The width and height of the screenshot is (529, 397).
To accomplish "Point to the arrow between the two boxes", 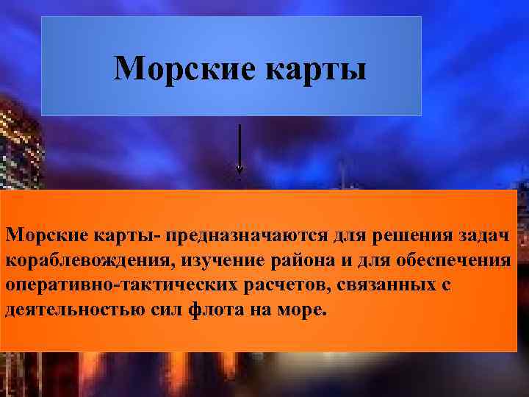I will tap(240, 151).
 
